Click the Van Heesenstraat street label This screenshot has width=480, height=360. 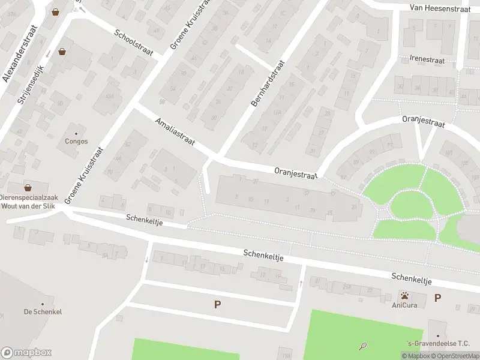tap(441, 8)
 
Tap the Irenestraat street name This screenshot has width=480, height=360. tap(427, 60)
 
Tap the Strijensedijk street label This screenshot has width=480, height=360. tap(32, 87)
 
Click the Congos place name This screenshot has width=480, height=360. tap(76, 142)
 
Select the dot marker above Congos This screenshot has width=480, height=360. tap(76, 133)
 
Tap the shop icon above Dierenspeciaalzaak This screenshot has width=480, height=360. tap(28, 187)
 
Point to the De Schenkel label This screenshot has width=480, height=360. tap(43, 312)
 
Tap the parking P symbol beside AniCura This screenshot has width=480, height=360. tap(438, 298)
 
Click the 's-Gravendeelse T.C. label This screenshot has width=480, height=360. tap(438, 344)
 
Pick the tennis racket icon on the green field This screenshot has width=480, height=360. tap(363, 346)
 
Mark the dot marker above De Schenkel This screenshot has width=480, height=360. tap(43, 304)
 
